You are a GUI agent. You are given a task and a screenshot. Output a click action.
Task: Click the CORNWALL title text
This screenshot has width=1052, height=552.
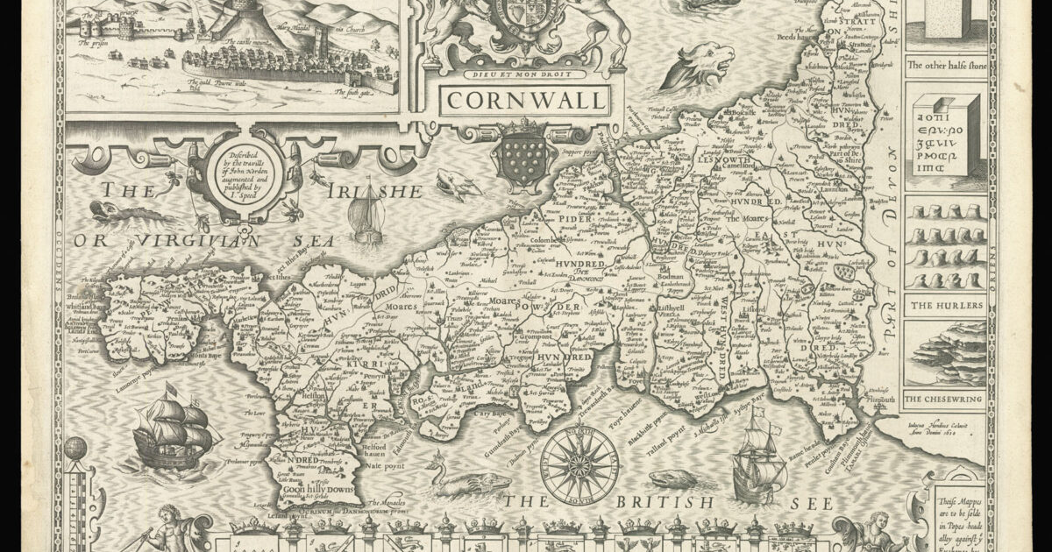click(524, 100)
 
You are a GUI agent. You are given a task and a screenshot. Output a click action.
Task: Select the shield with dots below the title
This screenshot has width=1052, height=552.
click(524, 156)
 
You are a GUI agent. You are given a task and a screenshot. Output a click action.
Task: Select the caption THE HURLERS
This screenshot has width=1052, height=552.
click(945, 306)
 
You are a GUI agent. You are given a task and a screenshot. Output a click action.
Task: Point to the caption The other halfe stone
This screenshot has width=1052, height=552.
click(945, 65)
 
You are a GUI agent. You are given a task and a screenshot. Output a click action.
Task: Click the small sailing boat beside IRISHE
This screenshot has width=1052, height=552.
click(367, 219)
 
